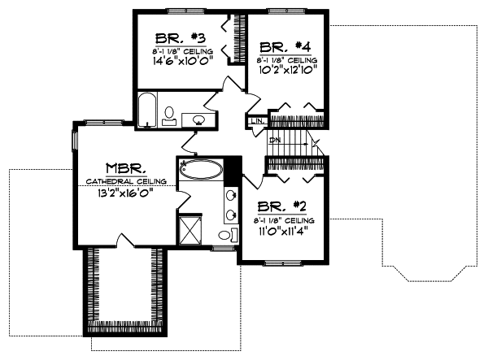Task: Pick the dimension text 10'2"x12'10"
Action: tap(285, 71)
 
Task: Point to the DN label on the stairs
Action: tap(276, 140)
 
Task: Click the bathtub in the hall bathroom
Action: tap(146, 111)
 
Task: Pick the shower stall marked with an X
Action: tap(191, 228)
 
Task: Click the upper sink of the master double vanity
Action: tap(230, 196)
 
